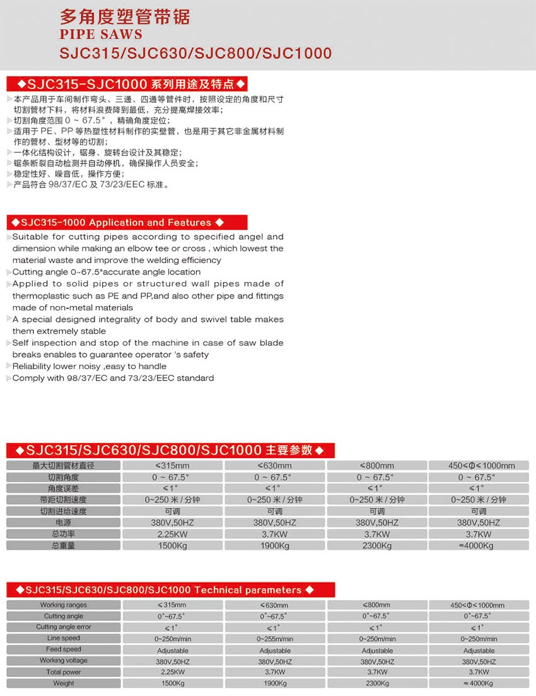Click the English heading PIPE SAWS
[101, 34]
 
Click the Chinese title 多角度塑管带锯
[124, 16]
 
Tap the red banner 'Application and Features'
[127, 223]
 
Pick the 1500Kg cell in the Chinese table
[172, 546]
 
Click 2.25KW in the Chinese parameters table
[172, 534]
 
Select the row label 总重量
[64, 546]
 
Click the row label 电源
[64, 523]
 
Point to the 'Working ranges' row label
[64, 605]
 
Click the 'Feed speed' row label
[64, 649]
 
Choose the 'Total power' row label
[64, 672]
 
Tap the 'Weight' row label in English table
[64, 683]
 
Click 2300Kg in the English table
[376, 683]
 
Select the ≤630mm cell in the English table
[274, 605]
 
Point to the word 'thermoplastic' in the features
[42, 296]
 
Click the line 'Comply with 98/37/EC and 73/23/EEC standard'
[114, 379]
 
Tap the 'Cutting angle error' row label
[64, 627]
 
